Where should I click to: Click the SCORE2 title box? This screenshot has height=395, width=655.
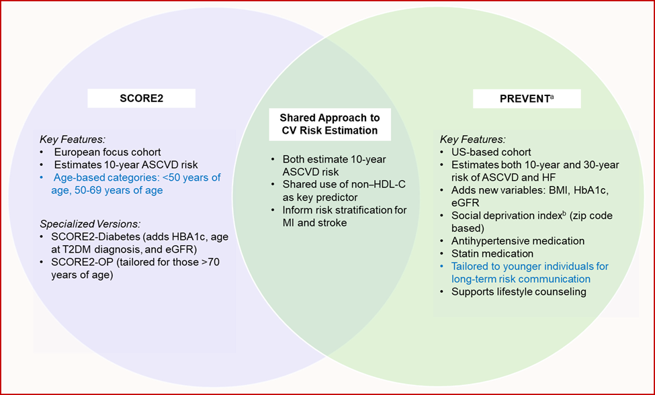(x=142, y=99)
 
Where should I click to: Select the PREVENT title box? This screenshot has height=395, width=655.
(x=527, y=99)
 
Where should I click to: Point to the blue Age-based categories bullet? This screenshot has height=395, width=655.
(x=132, y=184)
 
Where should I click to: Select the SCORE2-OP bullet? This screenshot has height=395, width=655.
(x=127, y=269)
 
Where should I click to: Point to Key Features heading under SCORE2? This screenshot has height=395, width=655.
(x=73, y=140)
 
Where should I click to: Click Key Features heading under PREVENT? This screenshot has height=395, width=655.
(x=473, y=140)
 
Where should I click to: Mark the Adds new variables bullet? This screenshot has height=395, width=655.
(x=531, y=190)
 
